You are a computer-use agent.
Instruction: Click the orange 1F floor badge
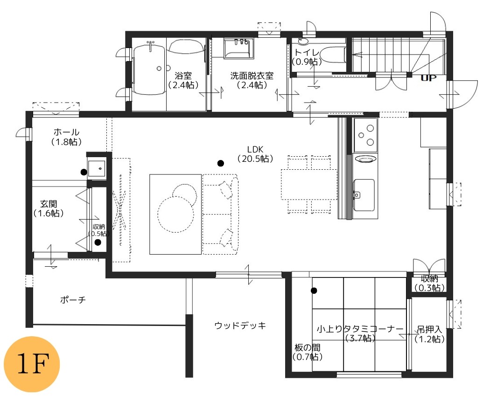click(32, 364)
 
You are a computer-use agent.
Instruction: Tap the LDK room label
click(255, 149)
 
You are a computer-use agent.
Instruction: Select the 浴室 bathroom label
click(183, 76)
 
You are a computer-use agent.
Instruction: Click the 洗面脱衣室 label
click(252, 76)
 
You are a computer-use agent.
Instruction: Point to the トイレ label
click(307, 53)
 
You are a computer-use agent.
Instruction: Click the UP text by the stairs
click(428, 78)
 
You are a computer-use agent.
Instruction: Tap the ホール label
click(66, 132)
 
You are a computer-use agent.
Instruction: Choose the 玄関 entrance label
click(49, 204)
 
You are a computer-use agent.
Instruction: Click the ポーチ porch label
click(73, 300)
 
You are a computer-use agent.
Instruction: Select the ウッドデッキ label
click(240, 326)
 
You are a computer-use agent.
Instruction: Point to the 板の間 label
click(307, 347)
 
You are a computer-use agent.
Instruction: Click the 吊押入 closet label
click(429, 330)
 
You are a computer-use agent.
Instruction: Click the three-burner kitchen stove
click(366, 135)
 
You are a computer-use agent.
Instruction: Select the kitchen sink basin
click(364, 194)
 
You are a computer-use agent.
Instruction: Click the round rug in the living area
click(176, 214)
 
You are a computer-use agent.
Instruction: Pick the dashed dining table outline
click(309, 184)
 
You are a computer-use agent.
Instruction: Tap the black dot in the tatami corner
click(314, 291)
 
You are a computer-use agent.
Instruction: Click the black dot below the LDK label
click(220, 164)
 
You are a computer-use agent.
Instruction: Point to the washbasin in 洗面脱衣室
click(238, 49)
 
